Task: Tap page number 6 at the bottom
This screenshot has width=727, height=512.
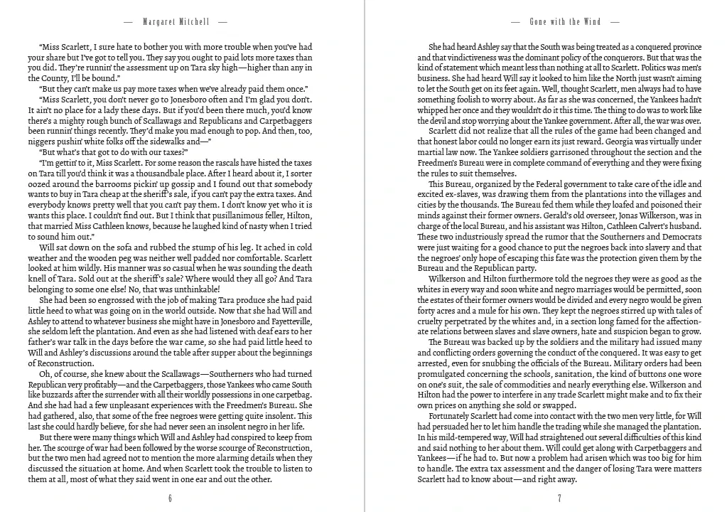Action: tap(171, 498)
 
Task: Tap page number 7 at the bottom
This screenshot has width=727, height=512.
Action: tap(559, 498)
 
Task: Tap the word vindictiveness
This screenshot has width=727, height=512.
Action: tap(472, 57)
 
